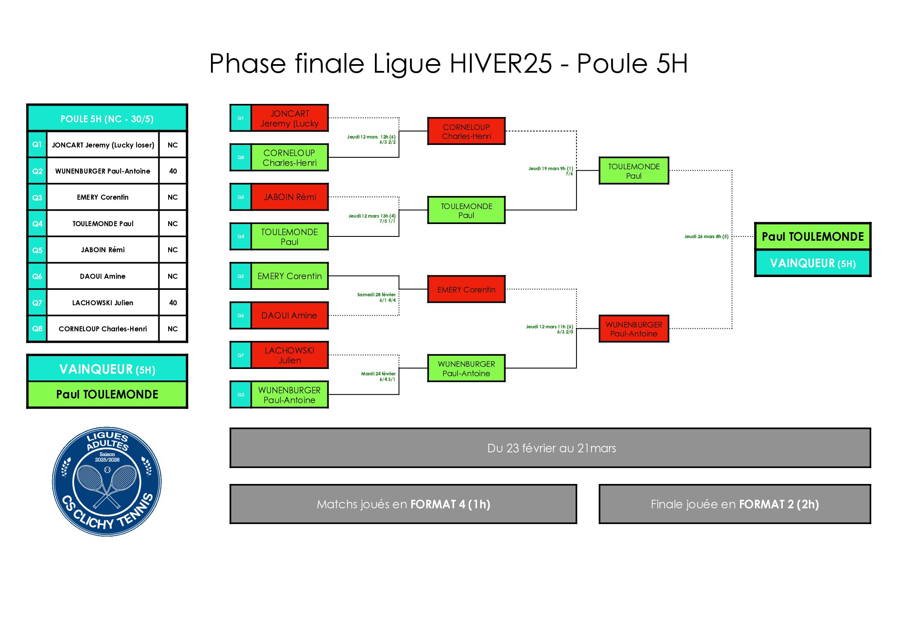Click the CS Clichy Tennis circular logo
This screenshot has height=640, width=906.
tap(107, 481)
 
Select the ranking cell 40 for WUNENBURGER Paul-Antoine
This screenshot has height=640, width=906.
tap(172, 171)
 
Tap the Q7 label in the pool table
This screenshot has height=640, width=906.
tap(37, 303)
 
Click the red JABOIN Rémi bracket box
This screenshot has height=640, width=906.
tap(290, 197)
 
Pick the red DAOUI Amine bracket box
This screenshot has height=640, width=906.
tap(290, 316)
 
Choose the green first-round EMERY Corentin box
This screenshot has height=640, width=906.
tap(290, 276)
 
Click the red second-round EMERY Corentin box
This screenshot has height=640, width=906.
tap(466, 289)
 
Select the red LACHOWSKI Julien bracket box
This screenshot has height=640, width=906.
tap(290, 355)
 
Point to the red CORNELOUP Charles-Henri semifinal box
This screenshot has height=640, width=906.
tap(466, 131)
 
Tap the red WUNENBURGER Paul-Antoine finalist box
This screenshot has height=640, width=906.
tap(633, 329)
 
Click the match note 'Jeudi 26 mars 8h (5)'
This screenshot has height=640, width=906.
tap(706, 236)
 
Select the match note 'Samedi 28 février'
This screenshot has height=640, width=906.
tap(376, 295)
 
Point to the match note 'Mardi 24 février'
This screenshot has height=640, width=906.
tap(378, 374)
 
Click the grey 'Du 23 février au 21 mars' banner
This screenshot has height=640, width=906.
tap(550, 448)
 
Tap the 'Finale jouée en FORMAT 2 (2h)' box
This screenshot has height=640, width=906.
tap(734, 504)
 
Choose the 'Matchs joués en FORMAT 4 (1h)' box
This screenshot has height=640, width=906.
tap(403, 504)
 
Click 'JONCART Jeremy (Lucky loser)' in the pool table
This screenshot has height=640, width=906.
tap(103, 145)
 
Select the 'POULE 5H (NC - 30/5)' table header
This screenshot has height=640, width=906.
tap(107, 118)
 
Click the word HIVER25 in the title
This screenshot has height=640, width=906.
tap(501, 64)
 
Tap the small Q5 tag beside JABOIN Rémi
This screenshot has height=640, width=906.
tap(241, 197)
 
